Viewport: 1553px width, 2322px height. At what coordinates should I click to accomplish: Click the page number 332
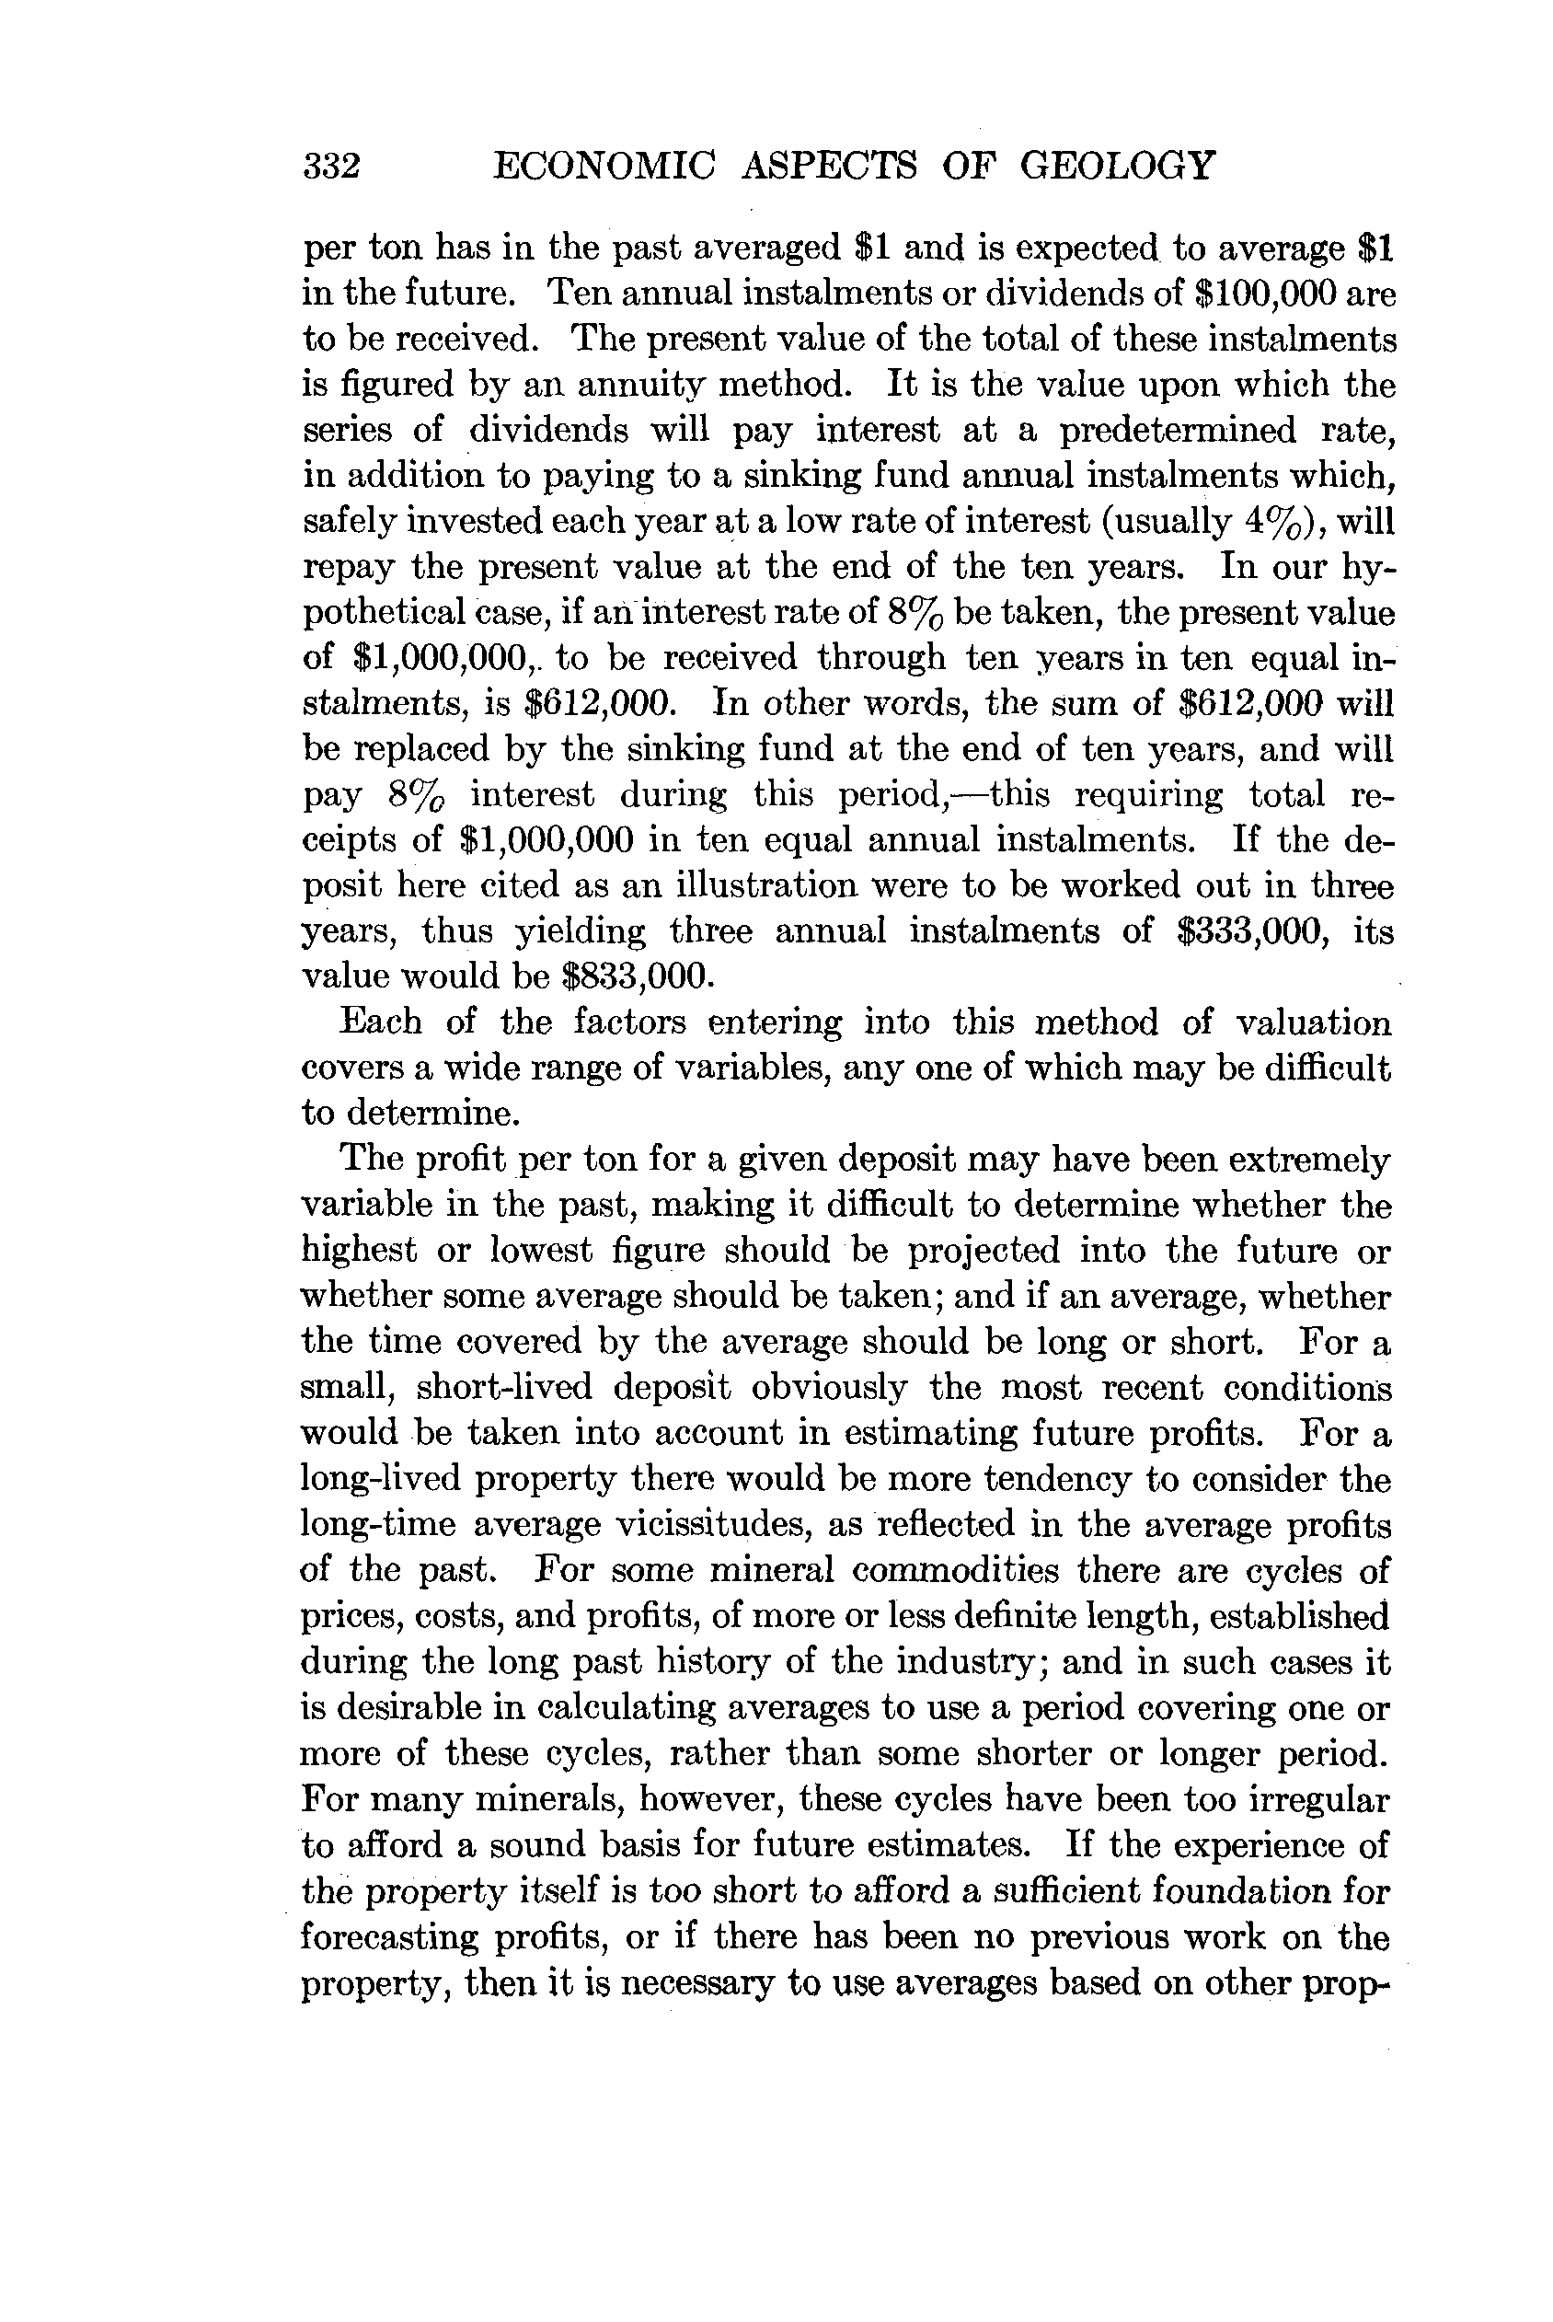[331, 166]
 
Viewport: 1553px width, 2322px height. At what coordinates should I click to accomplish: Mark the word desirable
[407, 1707]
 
